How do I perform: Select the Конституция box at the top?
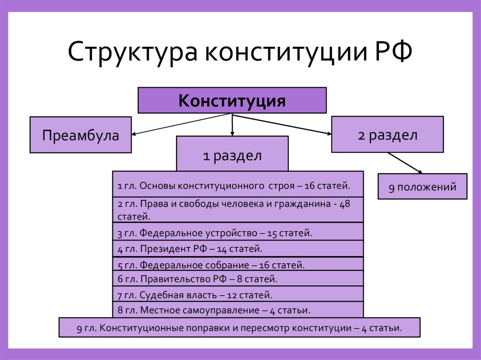point(232,100)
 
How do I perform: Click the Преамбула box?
point(80,135)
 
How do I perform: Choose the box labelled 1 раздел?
point(232,155)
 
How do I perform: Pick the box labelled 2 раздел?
point(387,135)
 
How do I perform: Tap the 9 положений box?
point(422,187)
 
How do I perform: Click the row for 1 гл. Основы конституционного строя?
point(238,185)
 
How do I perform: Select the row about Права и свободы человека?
point(238,210)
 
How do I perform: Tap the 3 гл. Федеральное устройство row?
point(238,232)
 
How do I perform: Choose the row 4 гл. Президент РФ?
point(238,248)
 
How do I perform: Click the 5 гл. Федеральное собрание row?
point(238,264)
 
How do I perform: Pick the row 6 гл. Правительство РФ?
point(238,279)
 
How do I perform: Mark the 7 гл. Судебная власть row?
point(238,295)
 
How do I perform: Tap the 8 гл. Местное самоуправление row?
point(238,310)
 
